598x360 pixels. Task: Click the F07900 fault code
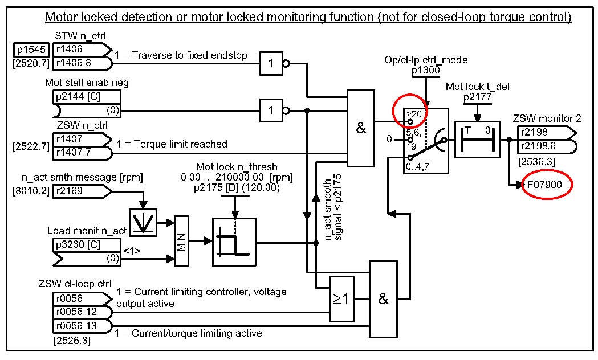547,186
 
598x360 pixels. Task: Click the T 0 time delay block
477,139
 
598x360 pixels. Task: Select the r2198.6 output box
542,146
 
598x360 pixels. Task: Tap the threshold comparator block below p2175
234,242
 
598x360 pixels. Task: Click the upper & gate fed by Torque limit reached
361,128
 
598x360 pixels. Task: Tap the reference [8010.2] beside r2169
31,191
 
